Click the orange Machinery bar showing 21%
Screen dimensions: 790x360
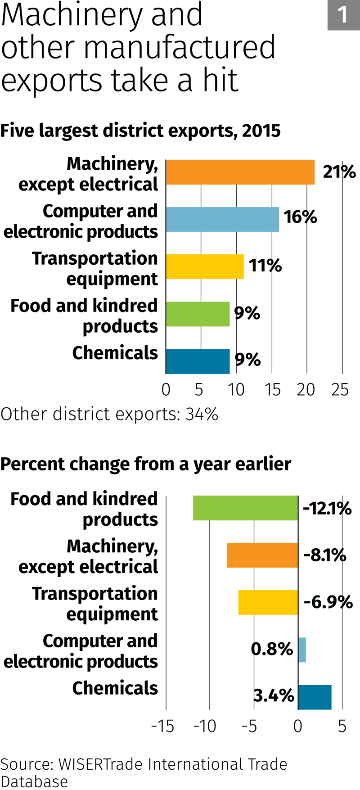(240, 172)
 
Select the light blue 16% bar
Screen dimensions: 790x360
(222, 219)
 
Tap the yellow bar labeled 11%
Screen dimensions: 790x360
(205, 266)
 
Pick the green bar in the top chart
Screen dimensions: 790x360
(198, 314)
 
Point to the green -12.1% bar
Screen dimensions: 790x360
(245, 508)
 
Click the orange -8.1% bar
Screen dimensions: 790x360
(262, 555)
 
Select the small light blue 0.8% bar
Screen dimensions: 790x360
(302, 650)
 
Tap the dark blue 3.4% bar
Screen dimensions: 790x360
(315, 697)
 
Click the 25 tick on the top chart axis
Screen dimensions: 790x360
(340, 390)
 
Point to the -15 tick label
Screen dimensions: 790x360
(162, 726)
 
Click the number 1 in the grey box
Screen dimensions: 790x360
(343, 15)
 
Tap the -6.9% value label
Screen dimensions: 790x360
(328, 602)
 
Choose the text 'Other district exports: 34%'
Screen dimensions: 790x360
(109, 414)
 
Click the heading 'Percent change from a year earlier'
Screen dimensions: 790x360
(146, 464)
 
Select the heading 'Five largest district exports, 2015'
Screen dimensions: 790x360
(140, 131)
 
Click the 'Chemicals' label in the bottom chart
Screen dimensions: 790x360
(115, 688)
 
